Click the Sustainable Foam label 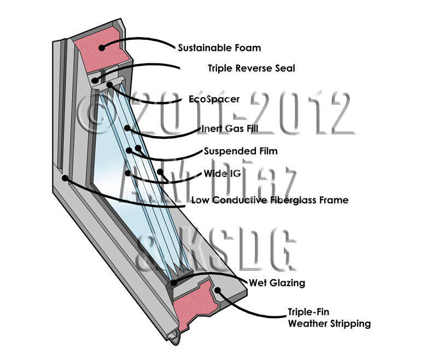coord(219,48)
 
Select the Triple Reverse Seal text coord(251,68)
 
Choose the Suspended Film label coord(241,150)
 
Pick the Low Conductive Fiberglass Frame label coord(270,200)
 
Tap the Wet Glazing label coord(277,283)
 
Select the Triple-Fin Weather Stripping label coord(329,318)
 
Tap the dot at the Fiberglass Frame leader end coord(66,178)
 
